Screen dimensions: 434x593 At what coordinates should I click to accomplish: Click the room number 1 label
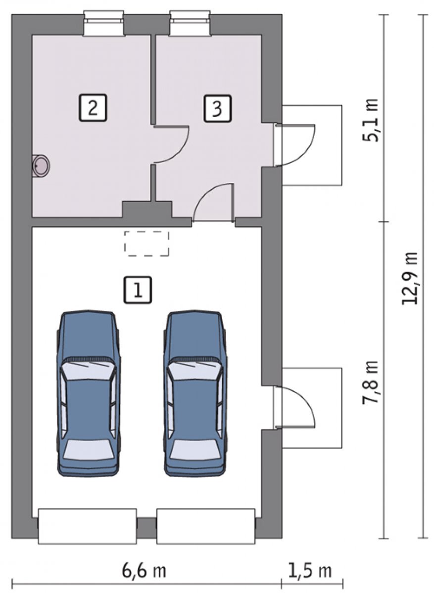[x=138, y=290]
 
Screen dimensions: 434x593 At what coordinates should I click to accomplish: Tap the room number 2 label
[x=93, y=108]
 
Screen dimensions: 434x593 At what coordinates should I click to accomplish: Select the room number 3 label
[x=217, y=109]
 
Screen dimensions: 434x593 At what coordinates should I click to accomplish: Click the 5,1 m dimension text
[x=370, y=121]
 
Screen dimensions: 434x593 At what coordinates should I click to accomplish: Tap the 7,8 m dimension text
[x=370, y=381]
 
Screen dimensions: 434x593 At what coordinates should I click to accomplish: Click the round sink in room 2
[x=41, y=166]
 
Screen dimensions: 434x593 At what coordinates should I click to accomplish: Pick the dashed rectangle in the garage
[x=146, y=244]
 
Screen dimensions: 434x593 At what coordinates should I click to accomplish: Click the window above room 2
[x=103, y=23]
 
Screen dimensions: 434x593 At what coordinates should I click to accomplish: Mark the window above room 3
[x=191, y=23]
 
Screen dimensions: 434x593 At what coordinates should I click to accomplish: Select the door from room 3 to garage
[x=213, y=202]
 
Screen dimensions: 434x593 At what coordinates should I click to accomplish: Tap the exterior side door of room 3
[x=294, y=144]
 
